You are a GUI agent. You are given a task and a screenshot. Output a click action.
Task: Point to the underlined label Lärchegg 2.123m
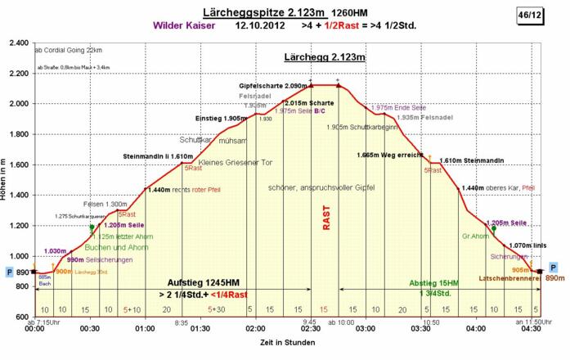click(324, 58)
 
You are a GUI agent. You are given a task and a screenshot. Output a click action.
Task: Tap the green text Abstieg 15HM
click(434, 282)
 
